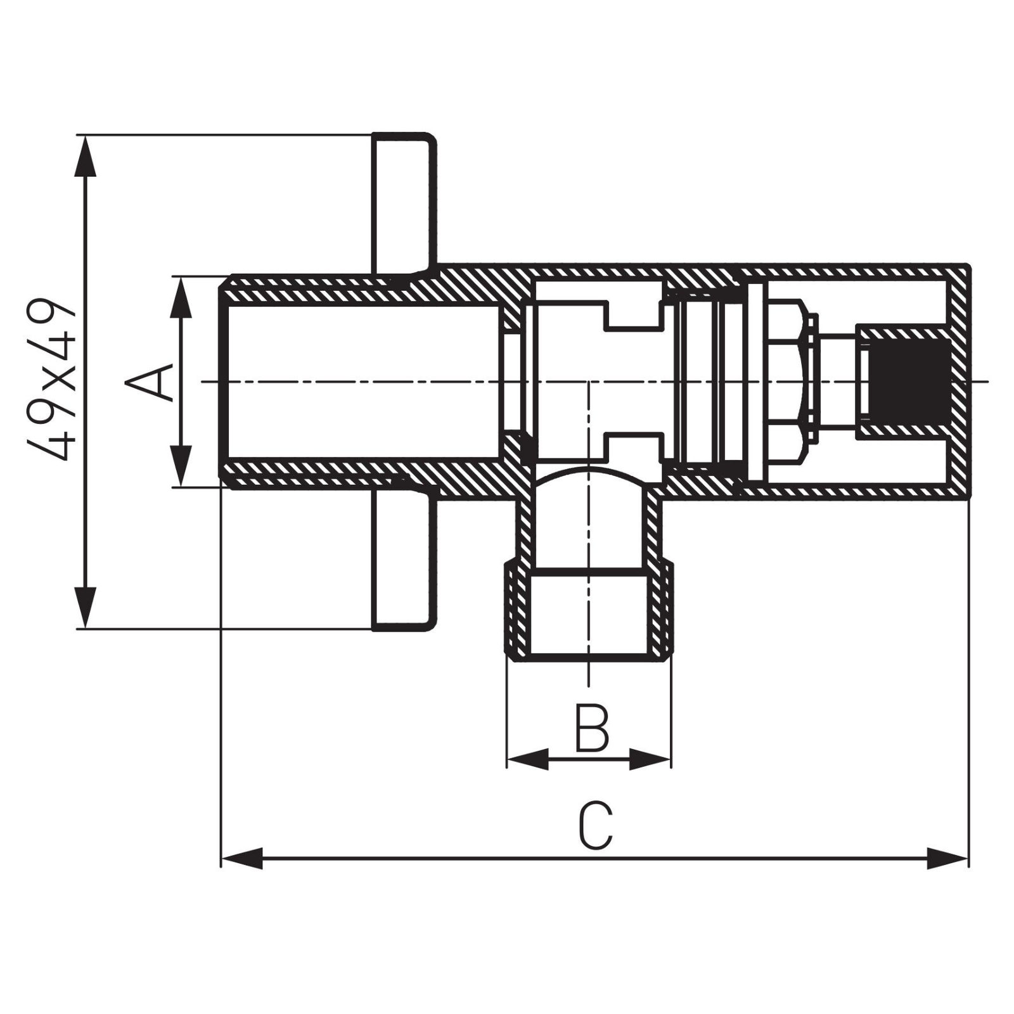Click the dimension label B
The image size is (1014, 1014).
click(591, 727)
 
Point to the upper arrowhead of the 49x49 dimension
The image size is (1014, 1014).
click(86, 155)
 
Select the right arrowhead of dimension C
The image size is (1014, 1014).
click(948, 859)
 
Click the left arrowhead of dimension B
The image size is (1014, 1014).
click(528, 759)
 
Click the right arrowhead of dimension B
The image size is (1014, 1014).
click(650, 759)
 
